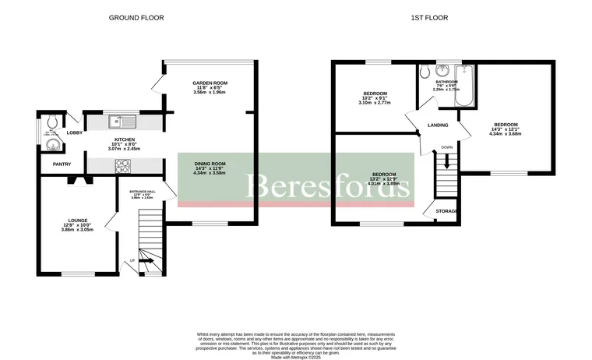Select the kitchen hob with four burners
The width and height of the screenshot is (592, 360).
coord(124,165)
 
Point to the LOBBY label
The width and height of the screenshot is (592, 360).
coord(75,133)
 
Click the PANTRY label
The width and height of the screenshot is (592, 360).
coord(62,164)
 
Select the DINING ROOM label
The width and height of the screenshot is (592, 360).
coord(210,164)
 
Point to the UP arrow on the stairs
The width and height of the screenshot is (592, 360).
coord(145,261)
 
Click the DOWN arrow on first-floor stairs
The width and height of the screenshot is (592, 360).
coord(446,162)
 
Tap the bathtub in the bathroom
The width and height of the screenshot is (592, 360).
coord(463,87)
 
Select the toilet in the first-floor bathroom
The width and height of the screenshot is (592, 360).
coord(425,72)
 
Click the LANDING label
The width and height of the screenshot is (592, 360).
coord(438,125)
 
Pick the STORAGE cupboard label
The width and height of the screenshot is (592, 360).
coord(446,211)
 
